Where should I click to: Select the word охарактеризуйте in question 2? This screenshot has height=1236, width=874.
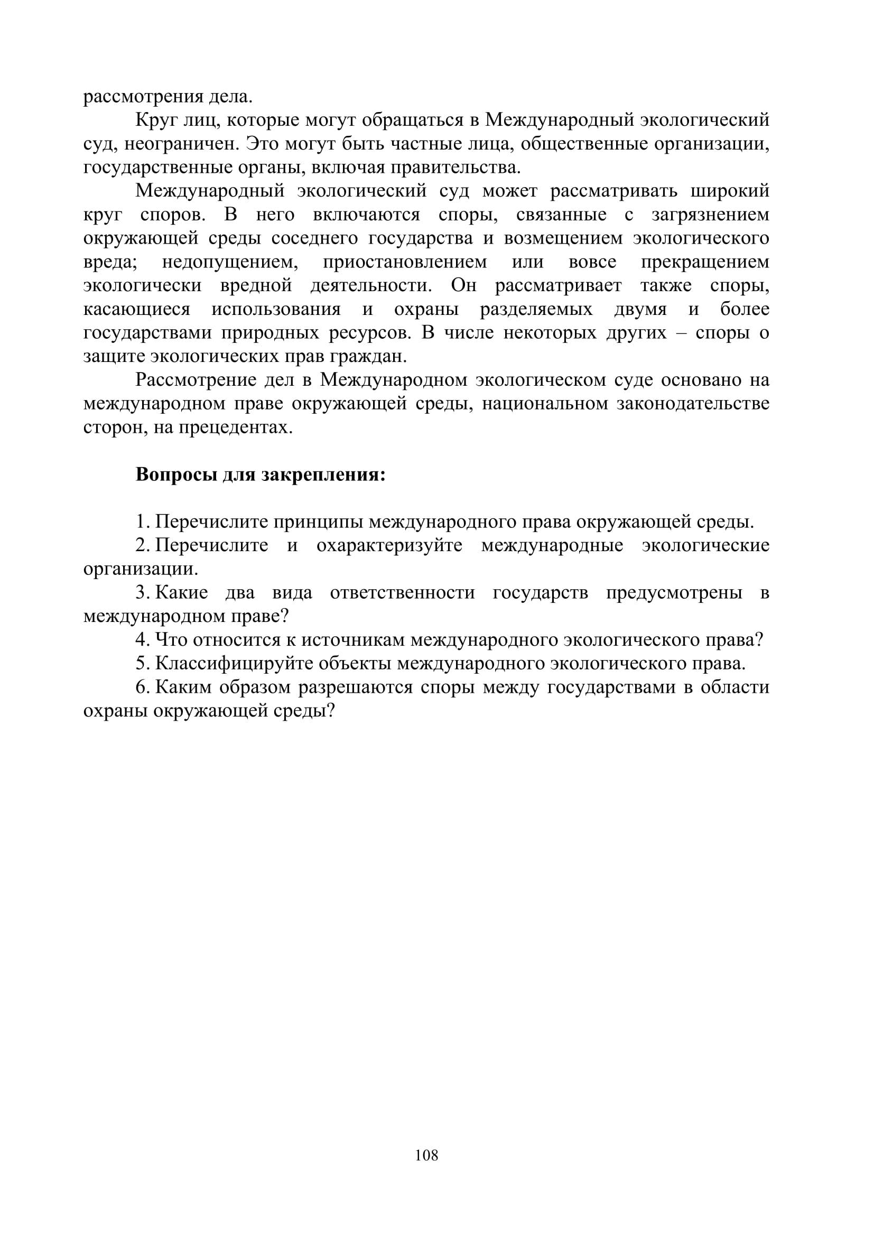(x=389, y=546)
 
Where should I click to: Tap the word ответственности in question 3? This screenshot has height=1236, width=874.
(x=402, y=593)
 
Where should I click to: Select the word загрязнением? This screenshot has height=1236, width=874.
(x=710, y=215)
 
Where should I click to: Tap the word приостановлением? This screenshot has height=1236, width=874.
(x=405, y=262)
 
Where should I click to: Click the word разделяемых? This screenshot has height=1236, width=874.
(x=536, y=310)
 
